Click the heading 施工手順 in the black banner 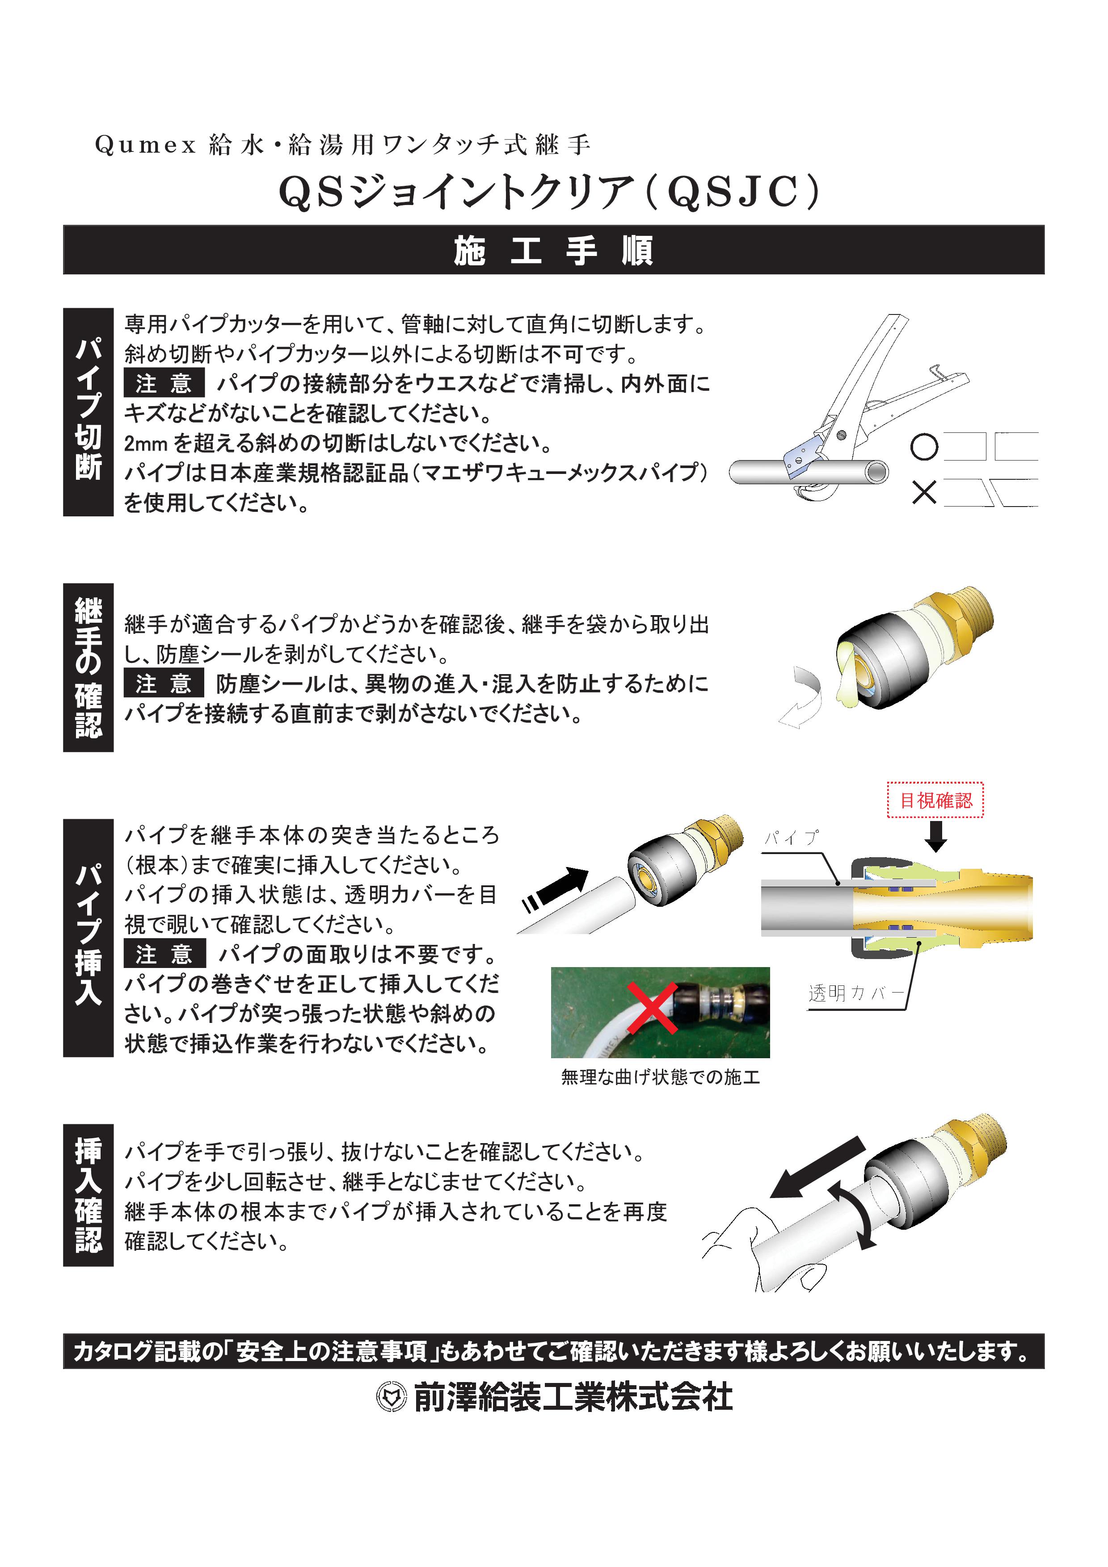pos(553,251)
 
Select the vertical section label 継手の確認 pos(88,667)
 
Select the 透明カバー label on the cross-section pos(855,993)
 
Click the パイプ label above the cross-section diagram pos(791,838)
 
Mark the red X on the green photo pos(653,1009)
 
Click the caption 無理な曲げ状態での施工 pos(660,1077)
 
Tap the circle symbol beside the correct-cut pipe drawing pos(924,447)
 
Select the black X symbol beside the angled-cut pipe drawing pos(924,492)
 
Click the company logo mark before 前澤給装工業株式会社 pos(391,1397)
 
